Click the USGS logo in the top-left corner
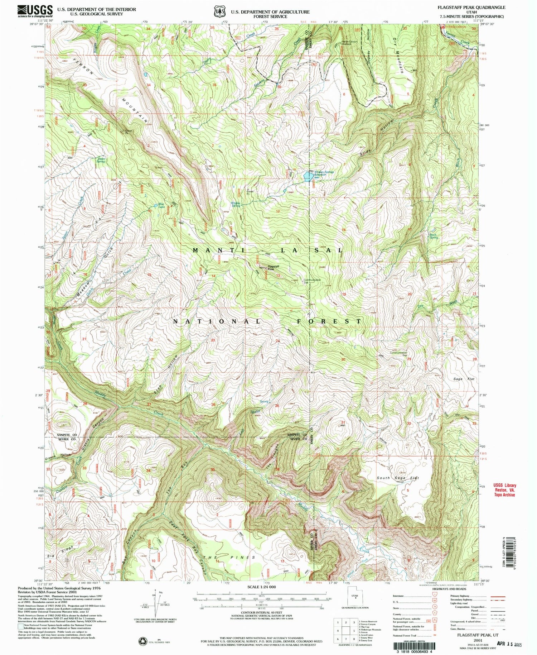click(x=35, y=11)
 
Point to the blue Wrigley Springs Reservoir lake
click(x=308, y=176)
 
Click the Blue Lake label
click(x=161, y=205)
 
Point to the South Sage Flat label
click(x=397, y=478)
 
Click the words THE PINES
click(x=229, y=558)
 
